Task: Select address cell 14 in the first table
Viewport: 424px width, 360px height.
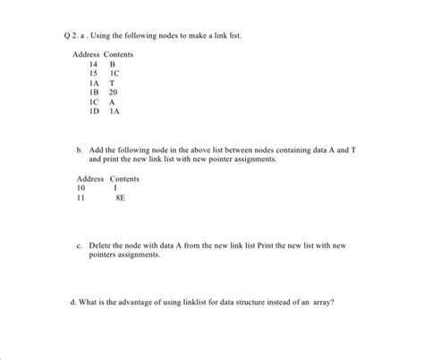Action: click(93, 65)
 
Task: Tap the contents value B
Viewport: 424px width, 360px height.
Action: click(113, 65)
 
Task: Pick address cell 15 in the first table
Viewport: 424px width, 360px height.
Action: click(93, 74)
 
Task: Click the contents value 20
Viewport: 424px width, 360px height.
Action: click(114, 92)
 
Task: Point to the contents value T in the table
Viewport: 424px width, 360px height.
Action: click(113, 83)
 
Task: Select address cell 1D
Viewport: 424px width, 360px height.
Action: click(94, 110)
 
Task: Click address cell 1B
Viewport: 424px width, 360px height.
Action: click(94, 92)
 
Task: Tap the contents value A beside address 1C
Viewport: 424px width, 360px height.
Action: click(114, 101)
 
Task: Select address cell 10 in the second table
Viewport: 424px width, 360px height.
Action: click(81, 189)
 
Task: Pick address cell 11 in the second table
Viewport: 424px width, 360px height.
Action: click(81, 199)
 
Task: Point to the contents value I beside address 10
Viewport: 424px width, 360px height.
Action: click(114, 189)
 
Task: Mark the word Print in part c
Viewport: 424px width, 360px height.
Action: click(273, 244)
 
